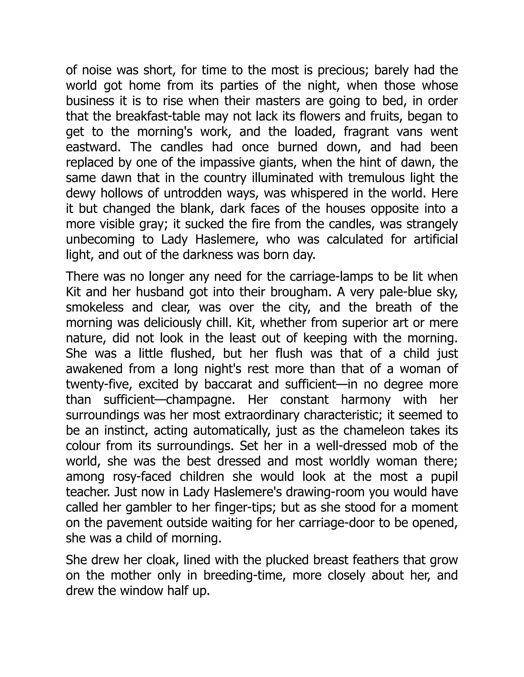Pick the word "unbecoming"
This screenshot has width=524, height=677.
pyautogui.click(x=100, y=240)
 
